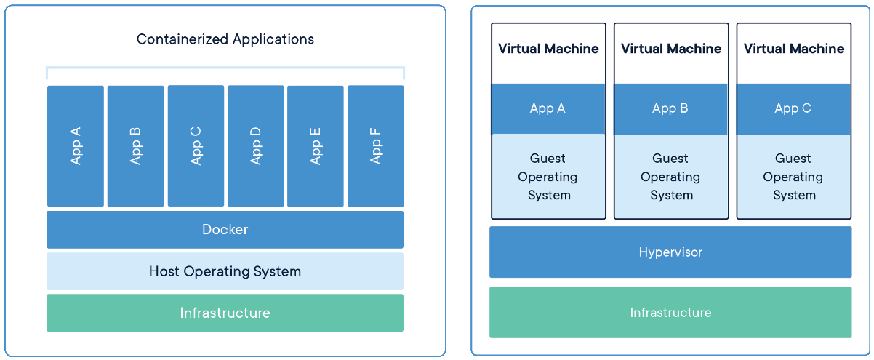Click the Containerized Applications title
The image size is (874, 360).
pyautogui.click(x=225, y=39)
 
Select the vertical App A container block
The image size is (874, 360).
pyautogui.click(x=76, y=146)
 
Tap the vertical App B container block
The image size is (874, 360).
pyautogui.click(x=135, y=146)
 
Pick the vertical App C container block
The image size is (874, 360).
pyautogui.click(x=196, y=145)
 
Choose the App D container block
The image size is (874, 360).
pyautogui.click(x=256, y=145)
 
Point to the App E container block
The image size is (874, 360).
pyautogui.click(x=316, y=146)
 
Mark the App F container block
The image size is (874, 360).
pyautogui.click(x=376, y=145)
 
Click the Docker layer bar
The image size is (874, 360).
pyautogui.click(x=225, y=230)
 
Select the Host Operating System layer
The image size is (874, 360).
pyautogui.click(x=225, y=271)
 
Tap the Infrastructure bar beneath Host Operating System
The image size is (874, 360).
pyautogui.click(x=225, y=313)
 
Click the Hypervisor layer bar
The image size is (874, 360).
pyautogui.click(x=670, y=252)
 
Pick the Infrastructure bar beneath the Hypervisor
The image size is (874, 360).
pyautogui.click(x=670, y=313)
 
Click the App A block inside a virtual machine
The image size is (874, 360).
pyautogui.click(x=548, y=108)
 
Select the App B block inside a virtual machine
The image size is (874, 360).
pyautogui.click(x=670, y=108)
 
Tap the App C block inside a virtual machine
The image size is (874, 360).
pyautogui.click(x=793, y=108)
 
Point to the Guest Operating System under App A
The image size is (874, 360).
pyautogui.click(x=548, y=177)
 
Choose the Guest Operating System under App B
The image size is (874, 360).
pyautogui.click(x=670, y=177)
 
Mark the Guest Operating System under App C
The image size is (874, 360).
pyautogui.click(x=793, y=177)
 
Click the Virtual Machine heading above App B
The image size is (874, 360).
pyautogui.click(x=671, y=49)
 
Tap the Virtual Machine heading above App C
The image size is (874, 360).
pyautogui.click(x=794, y=49)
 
